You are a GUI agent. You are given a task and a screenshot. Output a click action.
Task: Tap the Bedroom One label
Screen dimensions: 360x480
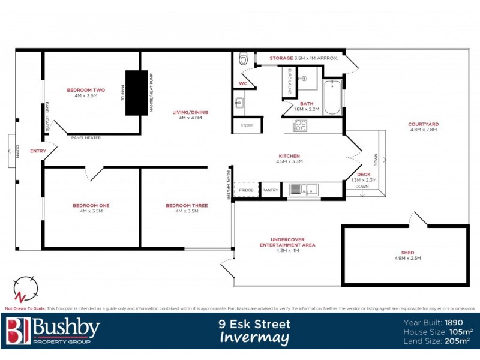click(91, 206)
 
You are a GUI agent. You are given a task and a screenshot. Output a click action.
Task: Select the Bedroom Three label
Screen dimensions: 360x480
click(187, 206)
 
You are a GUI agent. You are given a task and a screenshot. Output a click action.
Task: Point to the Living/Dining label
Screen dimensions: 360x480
click(190, 112)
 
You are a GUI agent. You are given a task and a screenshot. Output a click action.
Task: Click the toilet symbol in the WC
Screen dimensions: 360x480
click(243, 59)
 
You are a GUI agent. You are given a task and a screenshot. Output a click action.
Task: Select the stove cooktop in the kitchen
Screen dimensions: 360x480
click(299, 125)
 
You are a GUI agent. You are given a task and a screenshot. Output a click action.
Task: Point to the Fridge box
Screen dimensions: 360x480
click(246, 190)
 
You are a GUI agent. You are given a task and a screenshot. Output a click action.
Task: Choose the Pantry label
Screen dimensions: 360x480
click(271, 190)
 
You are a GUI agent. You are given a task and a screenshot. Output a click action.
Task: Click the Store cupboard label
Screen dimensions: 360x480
click(247, 125)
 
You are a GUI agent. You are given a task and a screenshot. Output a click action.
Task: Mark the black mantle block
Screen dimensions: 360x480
click(136, 93)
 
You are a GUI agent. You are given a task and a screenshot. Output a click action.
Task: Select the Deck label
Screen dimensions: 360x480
click(364, 175)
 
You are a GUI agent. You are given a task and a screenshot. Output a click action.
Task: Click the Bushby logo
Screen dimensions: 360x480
click(53, 331)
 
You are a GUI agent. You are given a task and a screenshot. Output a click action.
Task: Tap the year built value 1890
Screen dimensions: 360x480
click(460, 322)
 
